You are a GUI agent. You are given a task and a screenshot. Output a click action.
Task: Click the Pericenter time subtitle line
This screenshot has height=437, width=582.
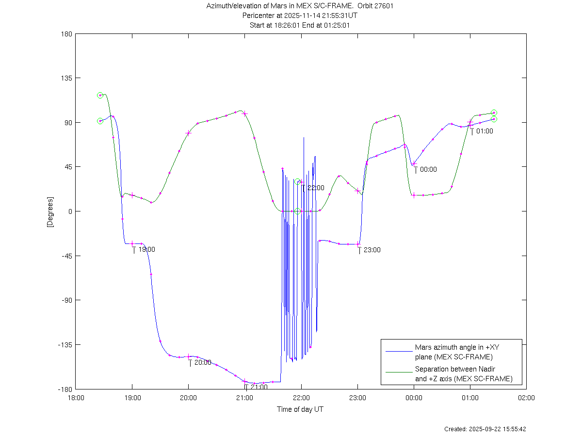tap(300, 16)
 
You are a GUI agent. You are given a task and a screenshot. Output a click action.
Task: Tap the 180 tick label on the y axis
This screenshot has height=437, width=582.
tap(67, 34)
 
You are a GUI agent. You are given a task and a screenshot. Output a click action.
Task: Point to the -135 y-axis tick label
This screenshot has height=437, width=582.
tap(65, 345)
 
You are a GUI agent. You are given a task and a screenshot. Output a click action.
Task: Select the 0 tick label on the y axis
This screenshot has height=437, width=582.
tap(70, 211)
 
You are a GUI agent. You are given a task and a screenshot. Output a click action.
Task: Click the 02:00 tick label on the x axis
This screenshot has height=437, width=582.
tap(526, 398)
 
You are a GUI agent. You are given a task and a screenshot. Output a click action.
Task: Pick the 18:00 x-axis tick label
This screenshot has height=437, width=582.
tap(76, 398)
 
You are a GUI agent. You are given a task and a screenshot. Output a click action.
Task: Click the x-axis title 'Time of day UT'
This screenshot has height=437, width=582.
tap(300, 409)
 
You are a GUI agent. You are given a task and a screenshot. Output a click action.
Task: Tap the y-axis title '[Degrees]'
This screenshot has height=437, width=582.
tap(50, 211)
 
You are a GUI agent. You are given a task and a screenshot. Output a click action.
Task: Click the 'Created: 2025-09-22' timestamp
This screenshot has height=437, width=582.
tap(485, 429)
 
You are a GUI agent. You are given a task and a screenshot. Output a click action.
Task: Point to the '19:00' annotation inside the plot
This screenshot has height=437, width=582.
tap(146, 249)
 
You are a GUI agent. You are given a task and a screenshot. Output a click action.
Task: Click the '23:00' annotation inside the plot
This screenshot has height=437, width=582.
tap(372, 250)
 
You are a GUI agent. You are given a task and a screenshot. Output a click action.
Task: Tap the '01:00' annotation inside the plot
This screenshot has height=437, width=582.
tap(485, 131)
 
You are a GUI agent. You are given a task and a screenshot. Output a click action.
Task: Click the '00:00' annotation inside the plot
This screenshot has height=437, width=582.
tap(428, 169)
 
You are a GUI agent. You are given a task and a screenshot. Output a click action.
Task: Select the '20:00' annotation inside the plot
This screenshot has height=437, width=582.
tap(203, 362)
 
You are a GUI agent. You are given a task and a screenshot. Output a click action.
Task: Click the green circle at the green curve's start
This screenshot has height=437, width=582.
tap(100, 96)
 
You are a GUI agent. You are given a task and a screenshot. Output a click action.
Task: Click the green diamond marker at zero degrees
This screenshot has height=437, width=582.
tap(297, 211)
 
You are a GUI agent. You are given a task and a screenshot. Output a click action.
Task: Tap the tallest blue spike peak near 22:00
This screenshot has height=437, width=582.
tap(304, 138)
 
